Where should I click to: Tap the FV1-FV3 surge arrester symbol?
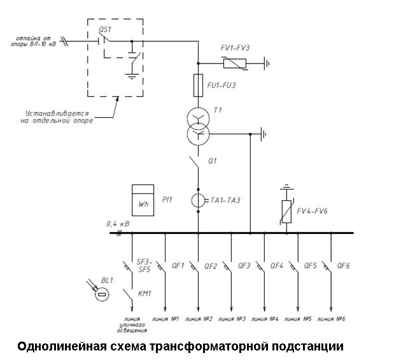pyautogui.click(x=234, y=63)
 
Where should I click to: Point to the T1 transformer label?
pyautogui.click(x=218, y=110)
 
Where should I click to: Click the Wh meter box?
pyautogui.click(x=143, y=199)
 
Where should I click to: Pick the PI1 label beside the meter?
pyautogui.click(x=167, y=200)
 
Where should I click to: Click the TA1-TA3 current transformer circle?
pyautogui.click(x=198, y=200)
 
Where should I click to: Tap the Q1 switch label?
pyautogui.click(x=213, y=161)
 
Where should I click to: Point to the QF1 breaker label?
pyautogui.click(x=178, y=266)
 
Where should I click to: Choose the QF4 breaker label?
pyautogui.click(x=277, y=266)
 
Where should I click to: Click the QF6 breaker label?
pyautogui.click(x=344, y=266)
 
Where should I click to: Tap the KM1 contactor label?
pyautogui.click(x=144, y=293)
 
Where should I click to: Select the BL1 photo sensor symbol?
pyautogui.click(x=101, y=294)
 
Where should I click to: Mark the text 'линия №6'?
pyautogui.click(x=331, y=318)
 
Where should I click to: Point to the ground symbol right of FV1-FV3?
pyautogui.click(x=267, y=63)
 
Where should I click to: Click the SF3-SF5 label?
pyautogui.click(x=144, y=265)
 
